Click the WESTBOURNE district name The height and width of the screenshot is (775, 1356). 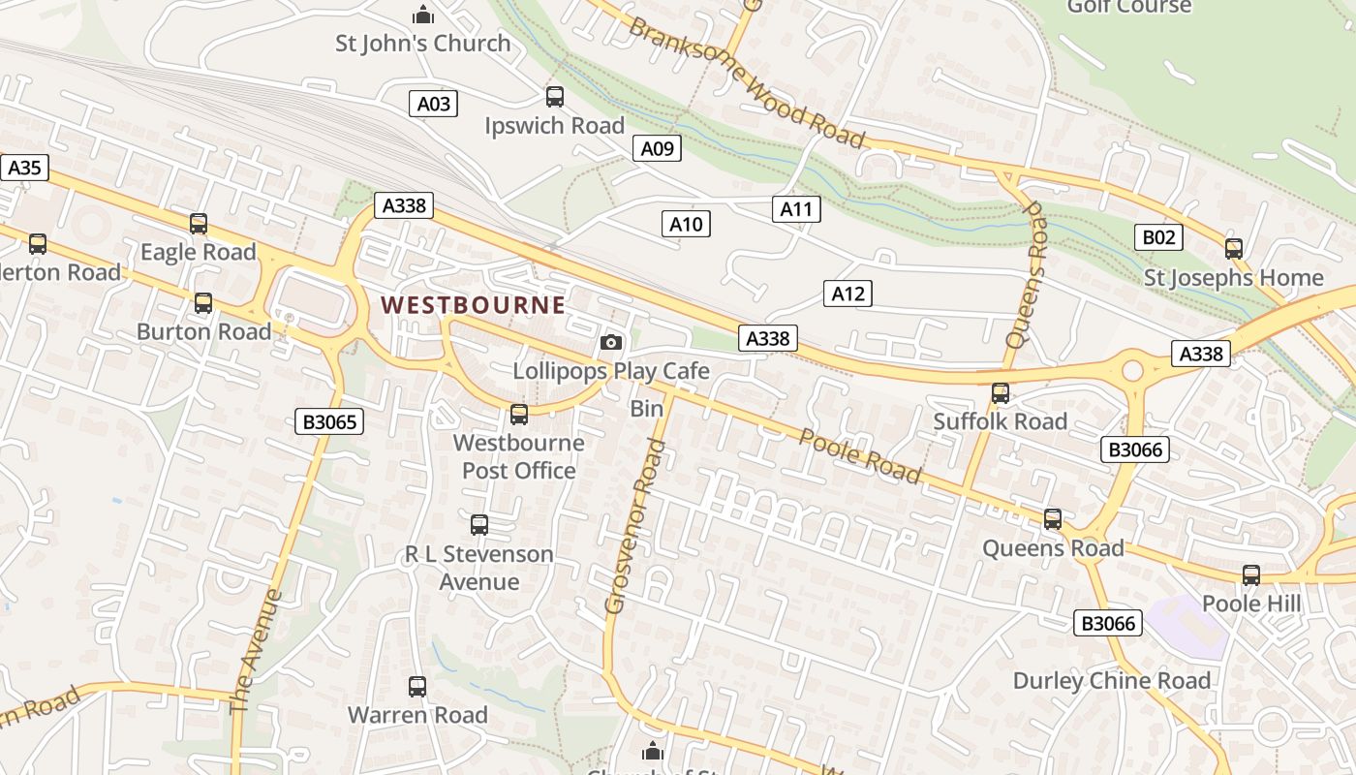473,305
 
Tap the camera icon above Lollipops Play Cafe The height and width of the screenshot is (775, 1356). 611,342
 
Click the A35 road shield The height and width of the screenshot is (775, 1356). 24,168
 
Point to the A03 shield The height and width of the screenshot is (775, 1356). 433,104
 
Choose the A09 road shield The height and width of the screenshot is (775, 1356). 657,148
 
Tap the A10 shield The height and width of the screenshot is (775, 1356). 686,225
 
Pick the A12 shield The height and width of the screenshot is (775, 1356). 847,294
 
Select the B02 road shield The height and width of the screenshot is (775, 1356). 1158,237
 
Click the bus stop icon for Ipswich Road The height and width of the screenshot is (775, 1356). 555,97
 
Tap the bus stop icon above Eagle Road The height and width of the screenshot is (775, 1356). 199,224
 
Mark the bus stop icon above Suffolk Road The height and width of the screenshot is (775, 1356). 1001,393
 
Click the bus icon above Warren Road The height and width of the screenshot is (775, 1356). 417,687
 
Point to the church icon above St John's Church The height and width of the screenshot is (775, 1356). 422,15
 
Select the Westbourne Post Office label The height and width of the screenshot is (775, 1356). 519,456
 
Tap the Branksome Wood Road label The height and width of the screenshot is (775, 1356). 746,81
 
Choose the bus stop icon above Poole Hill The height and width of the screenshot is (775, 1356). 1251,575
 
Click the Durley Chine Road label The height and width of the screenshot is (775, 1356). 1112,681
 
